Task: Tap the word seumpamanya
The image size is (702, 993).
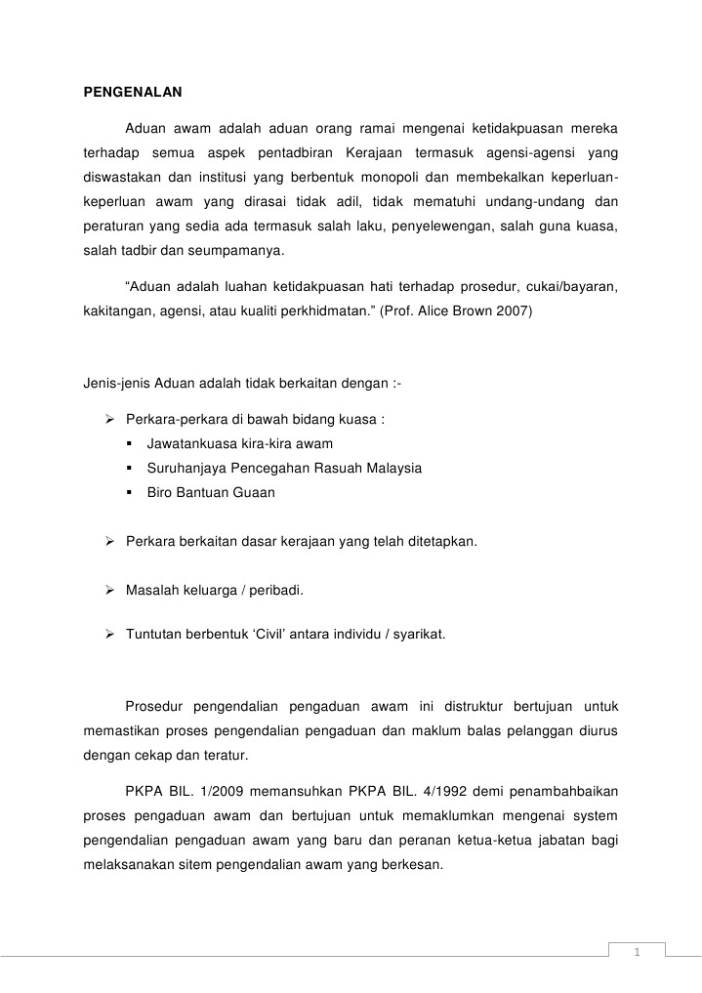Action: click(239, 250)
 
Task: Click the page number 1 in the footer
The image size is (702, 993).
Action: click(636, 953)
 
